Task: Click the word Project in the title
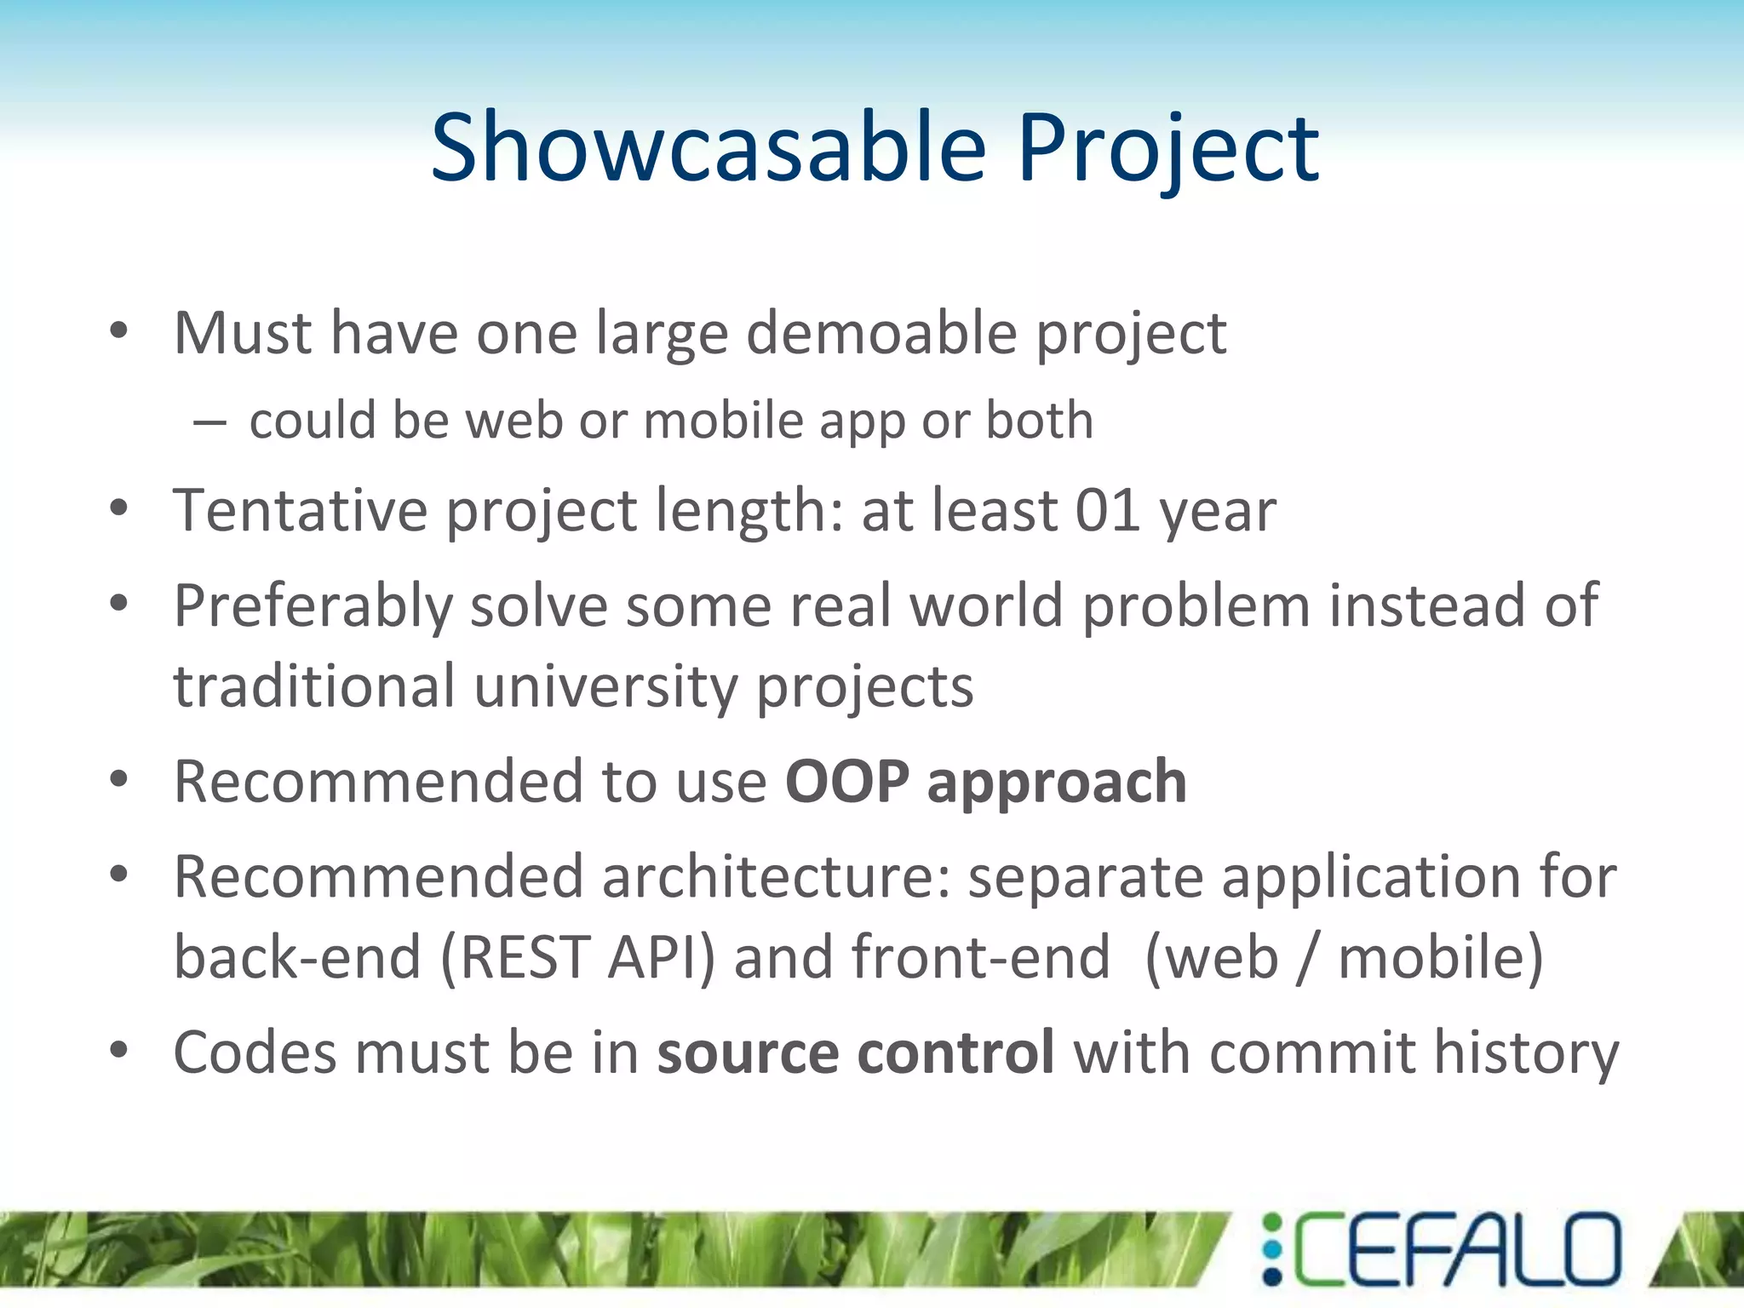(1167, 149)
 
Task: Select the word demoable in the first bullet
(881, 333)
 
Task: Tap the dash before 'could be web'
(209, 422)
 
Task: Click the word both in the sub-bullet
(1039, 421)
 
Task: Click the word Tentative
(301, 511)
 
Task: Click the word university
(605, 686)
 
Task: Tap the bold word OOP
(846, 782)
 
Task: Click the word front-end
(980, 957)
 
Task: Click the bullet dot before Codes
(118, 1050)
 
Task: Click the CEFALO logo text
(1456, 1249)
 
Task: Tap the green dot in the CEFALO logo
(1271, 1223)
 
